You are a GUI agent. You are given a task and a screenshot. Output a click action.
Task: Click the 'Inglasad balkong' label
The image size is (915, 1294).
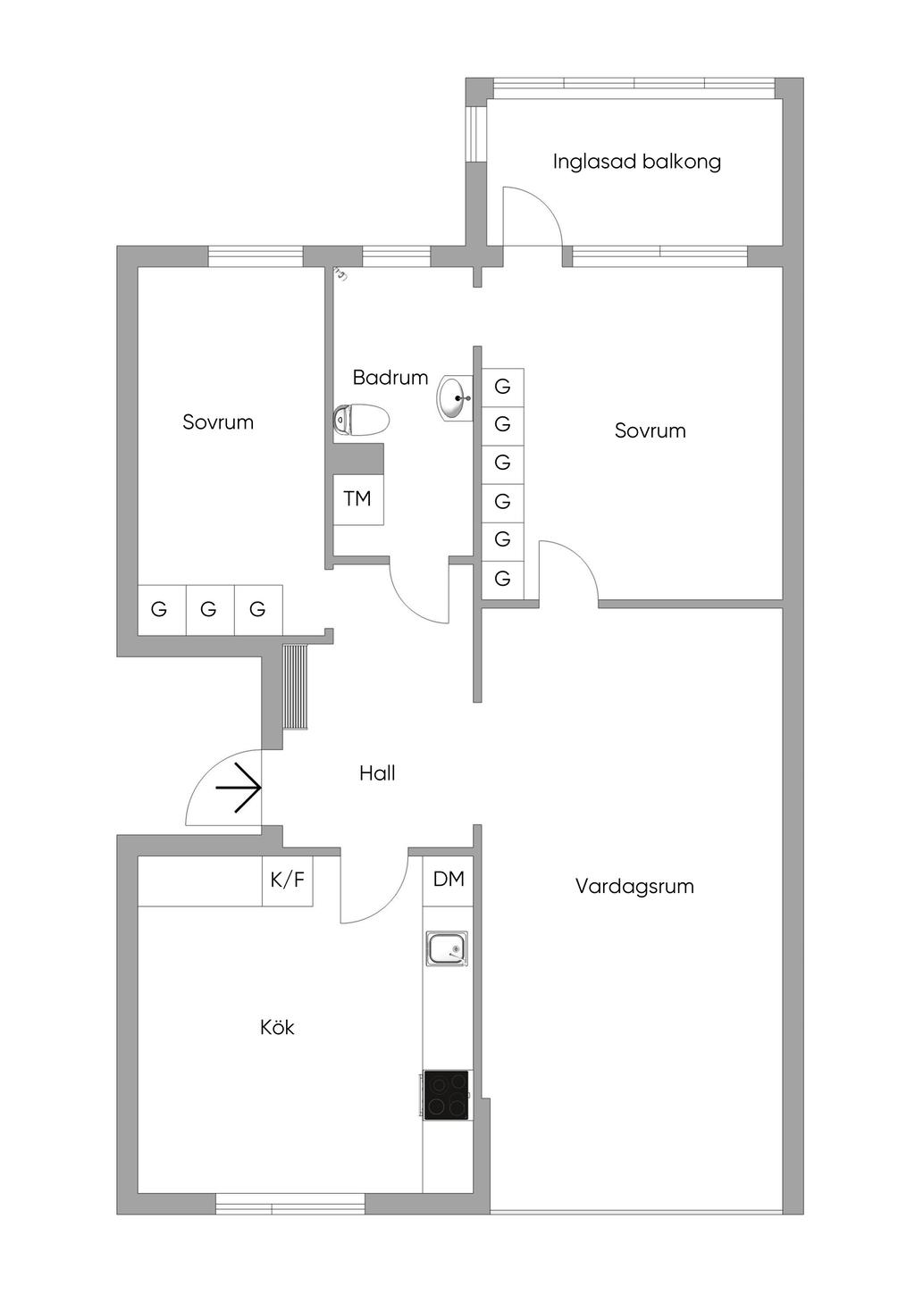(636, 162)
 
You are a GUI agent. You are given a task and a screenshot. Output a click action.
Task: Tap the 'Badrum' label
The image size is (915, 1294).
(390, 378)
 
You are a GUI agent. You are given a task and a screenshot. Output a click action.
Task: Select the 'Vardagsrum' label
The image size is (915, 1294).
(634, 886)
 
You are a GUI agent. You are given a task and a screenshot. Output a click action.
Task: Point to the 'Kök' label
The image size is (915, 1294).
(277, 1027)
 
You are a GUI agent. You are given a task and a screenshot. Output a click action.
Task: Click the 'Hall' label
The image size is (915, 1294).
(377, 773)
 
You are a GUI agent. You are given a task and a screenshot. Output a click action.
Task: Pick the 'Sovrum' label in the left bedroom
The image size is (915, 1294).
(218, 422)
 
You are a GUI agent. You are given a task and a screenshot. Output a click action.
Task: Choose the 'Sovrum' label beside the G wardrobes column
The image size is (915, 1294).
(650, 430)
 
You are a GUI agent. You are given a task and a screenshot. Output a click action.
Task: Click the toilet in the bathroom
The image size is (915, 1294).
(362, 420)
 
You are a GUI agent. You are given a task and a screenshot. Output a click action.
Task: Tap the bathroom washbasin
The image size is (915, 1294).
(455, 397)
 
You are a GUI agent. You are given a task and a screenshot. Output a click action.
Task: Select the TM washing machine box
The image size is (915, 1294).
(358, 499)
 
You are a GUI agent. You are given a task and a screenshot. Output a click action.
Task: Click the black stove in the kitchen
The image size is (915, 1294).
(447, 1095)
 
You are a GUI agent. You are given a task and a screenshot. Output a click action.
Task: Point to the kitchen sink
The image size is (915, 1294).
(447, 948)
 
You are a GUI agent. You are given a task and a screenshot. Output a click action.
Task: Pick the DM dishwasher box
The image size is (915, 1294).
(449, 880)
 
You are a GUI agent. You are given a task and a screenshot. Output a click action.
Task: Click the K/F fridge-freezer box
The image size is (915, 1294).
(288, 881)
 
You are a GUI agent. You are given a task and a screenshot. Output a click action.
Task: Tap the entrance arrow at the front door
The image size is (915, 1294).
(239, 789)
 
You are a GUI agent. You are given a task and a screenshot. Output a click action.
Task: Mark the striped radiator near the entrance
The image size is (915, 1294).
(296, 686)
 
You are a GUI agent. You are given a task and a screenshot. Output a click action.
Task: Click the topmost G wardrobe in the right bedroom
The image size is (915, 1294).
(503, 388)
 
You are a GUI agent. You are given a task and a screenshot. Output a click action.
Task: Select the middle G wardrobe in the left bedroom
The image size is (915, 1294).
(209, 610)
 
